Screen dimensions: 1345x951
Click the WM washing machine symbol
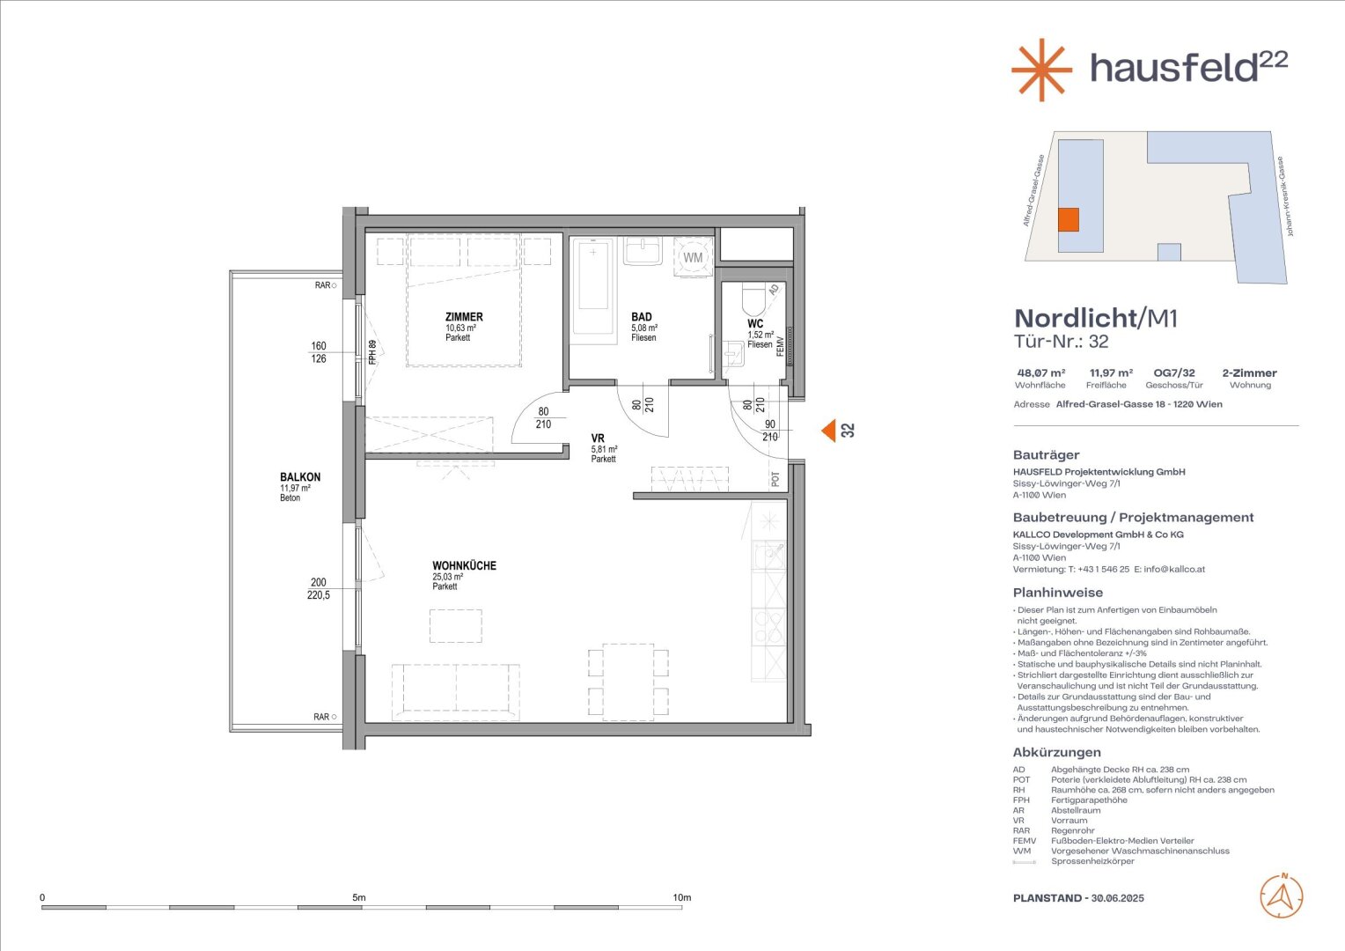point(693,257)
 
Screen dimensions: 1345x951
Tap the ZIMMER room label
point(464,317)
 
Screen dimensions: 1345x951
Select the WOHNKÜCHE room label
point(464,565)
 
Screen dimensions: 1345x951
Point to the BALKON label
point(300,477)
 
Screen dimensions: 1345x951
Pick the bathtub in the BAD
point(593,286)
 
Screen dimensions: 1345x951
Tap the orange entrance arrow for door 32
point(828,431)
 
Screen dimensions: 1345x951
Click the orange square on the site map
point(1069,220)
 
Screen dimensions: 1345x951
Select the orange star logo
point(1042,70)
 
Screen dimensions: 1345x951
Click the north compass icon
point(1282,897)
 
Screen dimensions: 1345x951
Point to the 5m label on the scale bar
point(358,897)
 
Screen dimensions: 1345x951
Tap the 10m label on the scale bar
point(681,897)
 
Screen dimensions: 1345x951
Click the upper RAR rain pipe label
point(322,285)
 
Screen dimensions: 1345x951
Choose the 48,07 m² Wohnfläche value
point(1041,373)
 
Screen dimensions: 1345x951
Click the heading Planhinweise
point(1058,593)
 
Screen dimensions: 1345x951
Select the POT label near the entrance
point(775,479)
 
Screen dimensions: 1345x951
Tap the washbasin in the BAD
point(643,250)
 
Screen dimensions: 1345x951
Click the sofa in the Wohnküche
point(456,692)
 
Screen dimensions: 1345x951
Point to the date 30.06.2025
point(1117,898)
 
